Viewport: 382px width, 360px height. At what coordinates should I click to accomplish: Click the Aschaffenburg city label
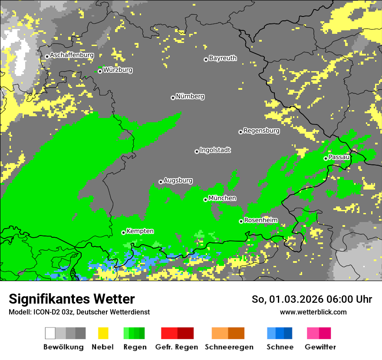tap(72, 55)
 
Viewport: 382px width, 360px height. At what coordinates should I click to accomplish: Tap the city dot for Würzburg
tap(100, 71)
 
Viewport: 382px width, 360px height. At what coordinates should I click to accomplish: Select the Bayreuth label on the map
tap(223, 58)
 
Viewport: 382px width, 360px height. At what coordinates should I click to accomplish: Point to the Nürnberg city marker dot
tap(173, 98)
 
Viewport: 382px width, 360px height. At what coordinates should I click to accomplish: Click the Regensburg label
tap(261, 131)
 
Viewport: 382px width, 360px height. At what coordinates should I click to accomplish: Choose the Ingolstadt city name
tap(215, 150)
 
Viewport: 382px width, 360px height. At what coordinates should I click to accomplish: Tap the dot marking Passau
tap(326, 158)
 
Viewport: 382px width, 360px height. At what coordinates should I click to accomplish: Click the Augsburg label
tap(178, 180)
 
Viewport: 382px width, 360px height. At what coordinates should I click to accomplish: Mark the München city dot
tap(205, 200)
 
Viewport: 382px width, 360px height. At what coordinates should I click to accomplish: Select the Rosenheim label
tap(260, 220)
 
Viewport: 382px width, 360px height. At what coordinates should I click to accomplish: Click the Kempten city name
tap(140, 231)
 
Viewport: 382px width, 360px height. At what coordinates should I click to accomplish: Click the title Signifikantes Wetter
tap(72, 299)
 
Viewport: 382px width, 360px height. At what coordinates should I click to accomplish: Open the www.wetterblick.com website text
tap(313, 312)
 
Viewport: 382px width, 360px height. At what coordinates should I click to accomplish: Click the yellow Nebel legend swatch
tap(103, 333)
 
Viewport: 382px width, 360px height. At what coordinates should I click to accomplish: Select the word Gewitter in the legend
tap(320, 347)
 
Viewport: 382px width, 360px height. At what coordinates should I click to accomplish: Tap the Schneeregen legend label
tap(228, 347)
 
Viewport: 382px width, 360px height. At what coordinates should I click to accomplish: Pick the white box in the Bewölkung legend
tap(50, 333)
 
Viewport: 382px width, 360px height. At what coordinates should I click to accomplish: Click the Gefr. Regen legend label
tap(177, 347)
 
